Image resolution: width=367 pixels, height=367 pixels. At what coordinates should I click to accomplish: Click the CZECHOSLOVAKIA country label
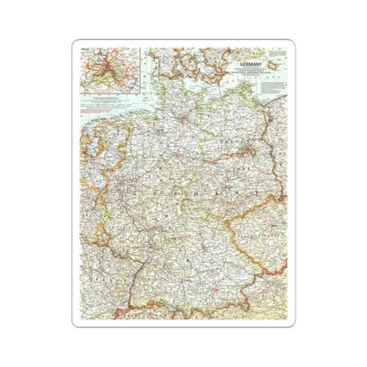pos(258,236)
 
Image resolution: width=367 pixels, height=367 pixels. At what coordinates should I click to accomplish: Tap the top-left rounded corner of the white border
pos(77,42)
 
